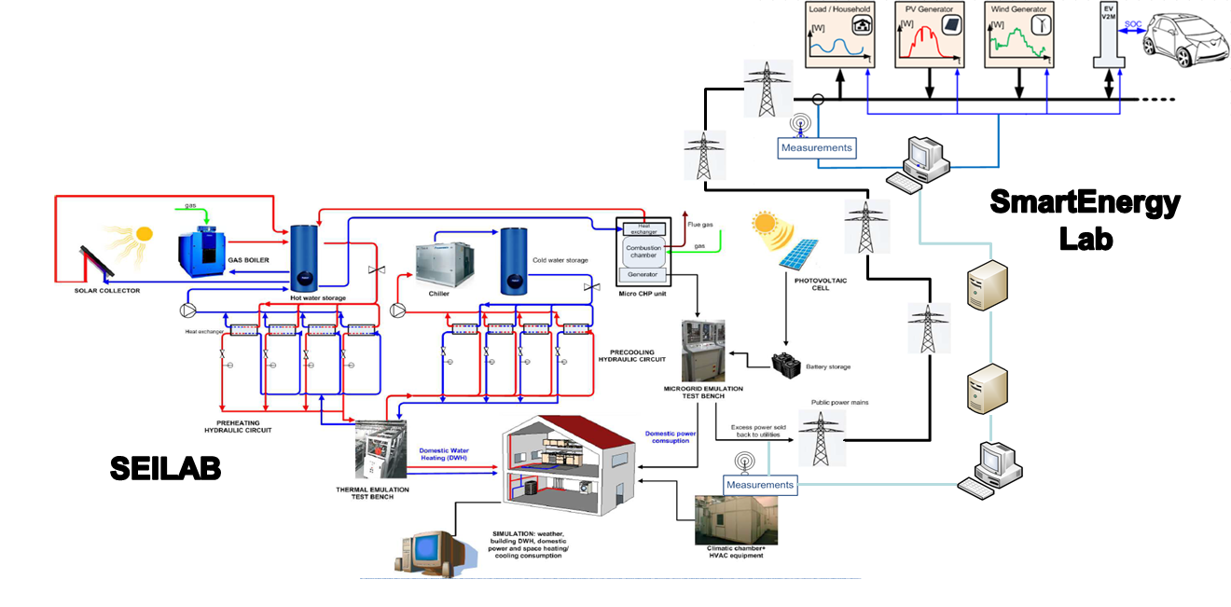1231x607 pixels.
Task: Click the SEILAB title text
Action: pos(165,468)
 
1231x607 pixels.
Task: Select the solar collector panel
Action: pos(96,260)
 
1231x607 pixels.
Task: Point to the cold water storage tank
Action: pos(515,260)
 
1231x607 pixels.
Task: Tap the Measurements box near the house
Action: pos(760,484)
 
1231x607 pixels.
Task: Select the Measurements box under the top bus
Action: pos(816,147)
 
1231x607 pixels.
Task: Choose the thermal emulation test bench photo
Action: pos(380,449)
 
